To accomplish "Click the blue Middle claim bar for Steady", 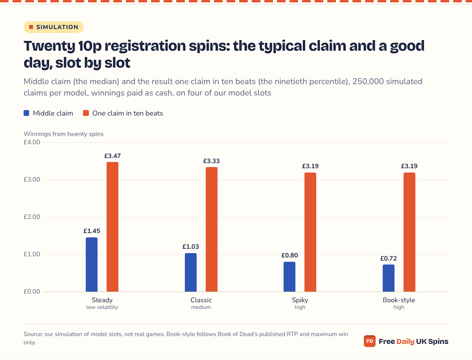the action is pos(92,264).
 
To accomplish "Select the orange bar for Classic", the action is pos(212,230).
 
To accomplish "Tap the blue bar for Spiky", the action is pos(289,277).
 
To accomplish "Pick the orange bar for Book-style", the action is pos(409,232).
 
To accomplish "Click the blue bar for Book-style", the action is pos(389,278).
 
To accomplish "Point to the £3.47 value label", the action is pos(112,156).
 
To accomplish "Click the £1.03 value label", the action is pos(191,246).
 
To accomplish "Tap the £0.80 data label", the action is pos(289,255).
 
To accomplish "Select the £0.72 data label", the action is pos(389,258).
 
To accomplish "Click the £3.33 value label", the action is pos(212,161).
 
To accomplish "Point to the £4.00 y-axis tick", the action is pos(32,142).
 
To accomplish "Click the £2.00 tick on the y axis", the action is pos(32,217).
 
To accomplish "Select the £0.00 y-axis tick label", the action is pos(32,292).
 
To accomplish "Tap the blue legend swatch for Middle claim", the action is pos(26,113).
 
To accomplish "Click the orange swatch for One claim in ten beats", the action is pos(86,113).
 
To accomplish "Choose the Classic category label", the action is pos(201,300).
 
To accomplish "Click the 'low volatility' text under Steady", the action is pos(102,307).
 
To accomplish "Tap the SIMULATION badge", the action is pos(53,27).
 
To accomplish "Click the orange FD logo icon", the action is pos(370,341).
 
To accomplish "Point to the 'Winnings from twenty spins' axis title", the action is pos(64,134).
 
